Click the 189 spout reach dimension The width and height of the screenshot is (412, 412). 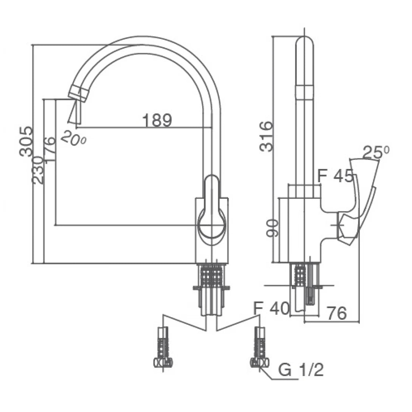click(157, 120)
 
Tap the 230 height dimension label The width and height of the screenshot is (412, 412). click(38, 170)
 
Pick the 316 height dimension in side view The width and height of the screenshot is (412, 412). click(267, 136)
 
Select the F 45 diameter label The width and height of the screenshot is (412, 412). click(335, 176)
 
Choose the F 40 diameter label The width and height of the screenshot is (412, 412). click(271, 309)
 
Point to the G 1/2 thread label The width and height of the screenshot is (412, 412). click(301, 371)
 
